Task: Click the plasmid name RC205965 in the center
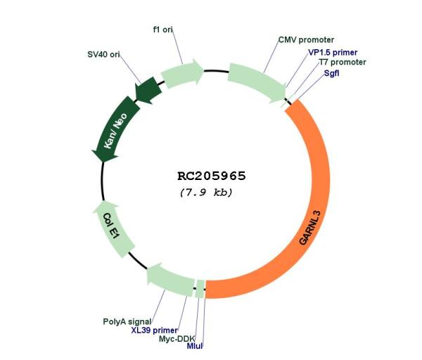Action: click(x=212, y=176)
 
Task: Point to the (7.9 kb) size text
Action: click(x=206, y=193)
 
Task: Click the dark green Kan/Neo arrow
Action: click(x=115, y=129)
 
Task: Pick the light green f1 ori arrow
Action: click(x=182, y=73)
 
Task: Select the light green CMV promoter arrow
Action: click(x=257, y=82)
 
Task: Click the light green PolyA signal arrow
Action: click(x=170, y=279)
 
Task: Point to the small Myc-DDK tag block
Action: click(x=200, y=289)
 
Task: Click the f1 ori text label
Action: click(x=163, y=30)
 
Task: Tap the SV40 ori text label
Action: click(x=103, y=54)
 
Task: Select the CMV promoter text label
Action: click(x=306, y=40)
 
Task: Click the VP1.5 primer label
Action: click(x=333, y=53)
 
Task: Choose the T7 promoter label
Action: click(x=343, y=62)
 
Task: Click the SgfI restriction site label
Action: click(x=331, y=73)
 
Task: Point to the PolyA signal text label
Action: click(x=127, y=321)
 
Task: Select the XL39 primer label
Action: click(x=155, y=330)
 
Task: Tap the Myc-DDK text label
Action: click(x=177, y=339)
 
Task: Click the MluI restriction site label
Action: click(x=195, y=346)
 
